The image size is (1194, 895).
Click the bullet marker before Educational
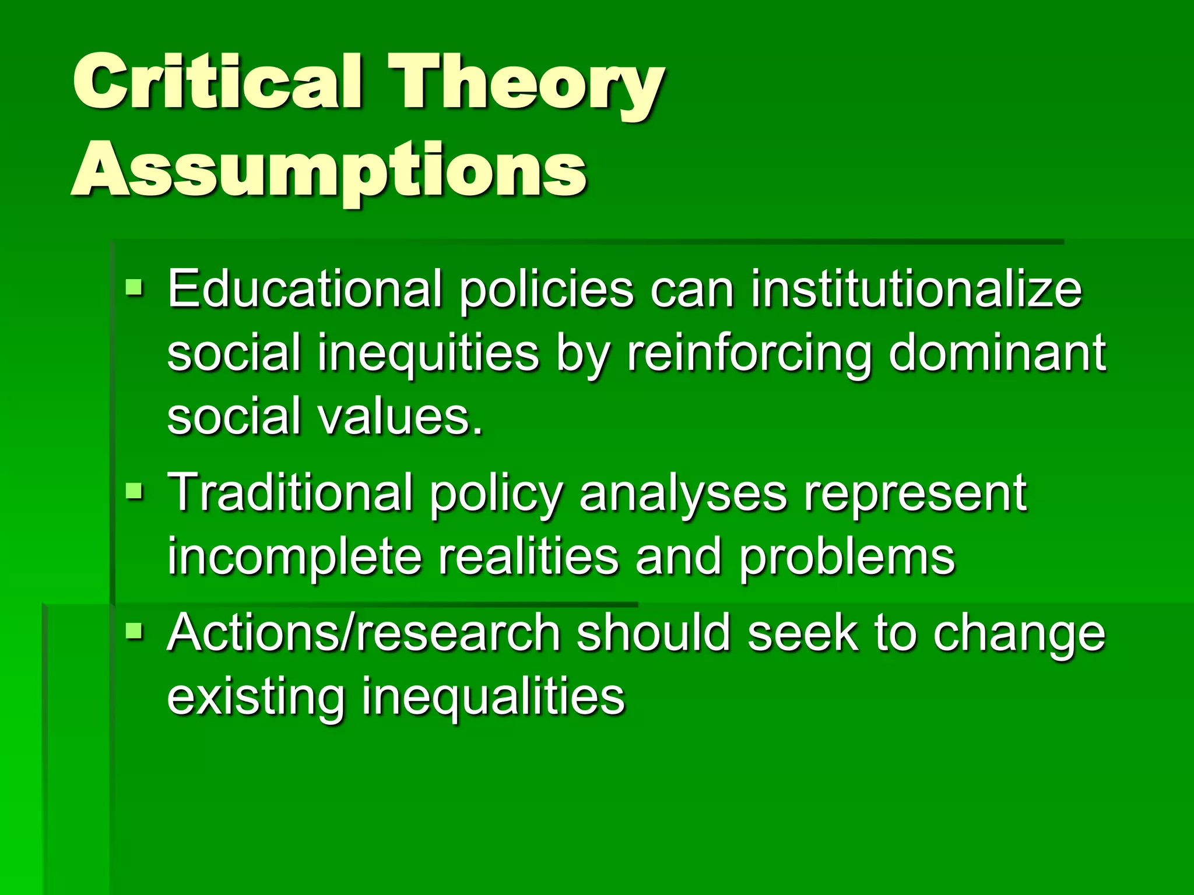(134, 287)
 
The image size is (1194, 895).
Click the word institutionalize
(916, 290)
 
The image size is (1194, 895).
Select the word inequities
(429, 354)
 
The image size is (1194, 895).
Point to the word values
(400, 416)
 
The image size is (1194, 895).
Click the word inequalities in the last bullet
(493, 697)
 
